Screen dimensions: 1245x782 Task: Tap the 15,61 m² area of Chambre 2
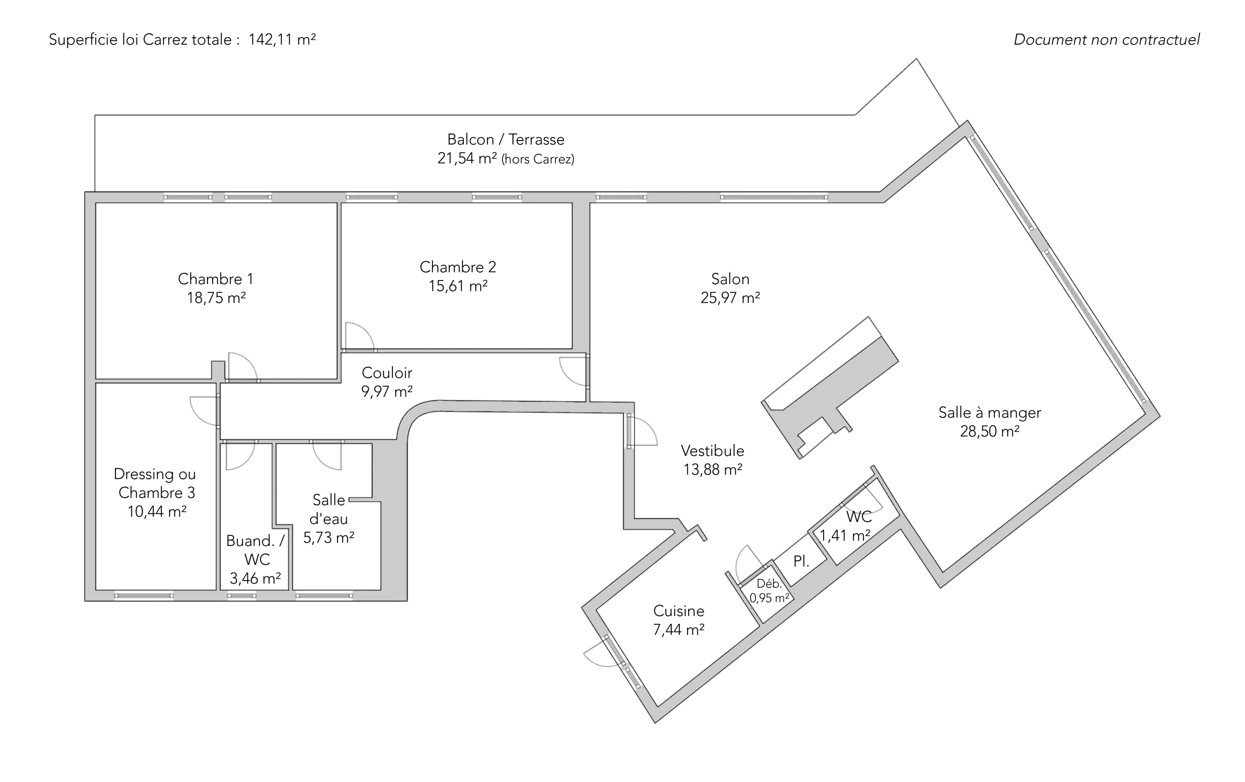[458, 286]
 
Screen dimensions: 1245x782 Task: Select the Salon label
[730, 279]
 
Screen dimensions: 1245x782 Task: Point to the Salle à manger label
[990, 413]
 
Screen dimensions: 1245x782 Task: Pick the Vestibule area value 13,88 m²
[713, 470]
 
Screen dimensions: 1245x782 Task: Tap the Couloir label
[387, 372]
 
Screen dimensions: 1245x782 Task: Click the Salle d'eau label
[329, 510]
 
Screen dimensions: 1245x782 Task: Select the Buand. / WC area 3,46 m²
[255, 578]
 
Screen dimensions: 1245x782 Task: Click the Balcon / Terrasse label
[506, 139]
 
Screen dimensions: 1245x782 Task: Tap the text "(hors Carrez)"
[538, 159]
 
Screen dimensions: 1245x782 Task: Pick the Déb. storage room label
[769, 583]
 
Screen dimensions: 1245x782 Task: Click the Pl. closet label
[801, 561]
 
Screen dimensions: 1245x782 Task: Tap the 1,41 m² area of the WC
[845, 535]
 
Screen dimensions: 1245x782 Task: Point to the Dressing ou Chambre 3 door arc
[204, 411]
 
